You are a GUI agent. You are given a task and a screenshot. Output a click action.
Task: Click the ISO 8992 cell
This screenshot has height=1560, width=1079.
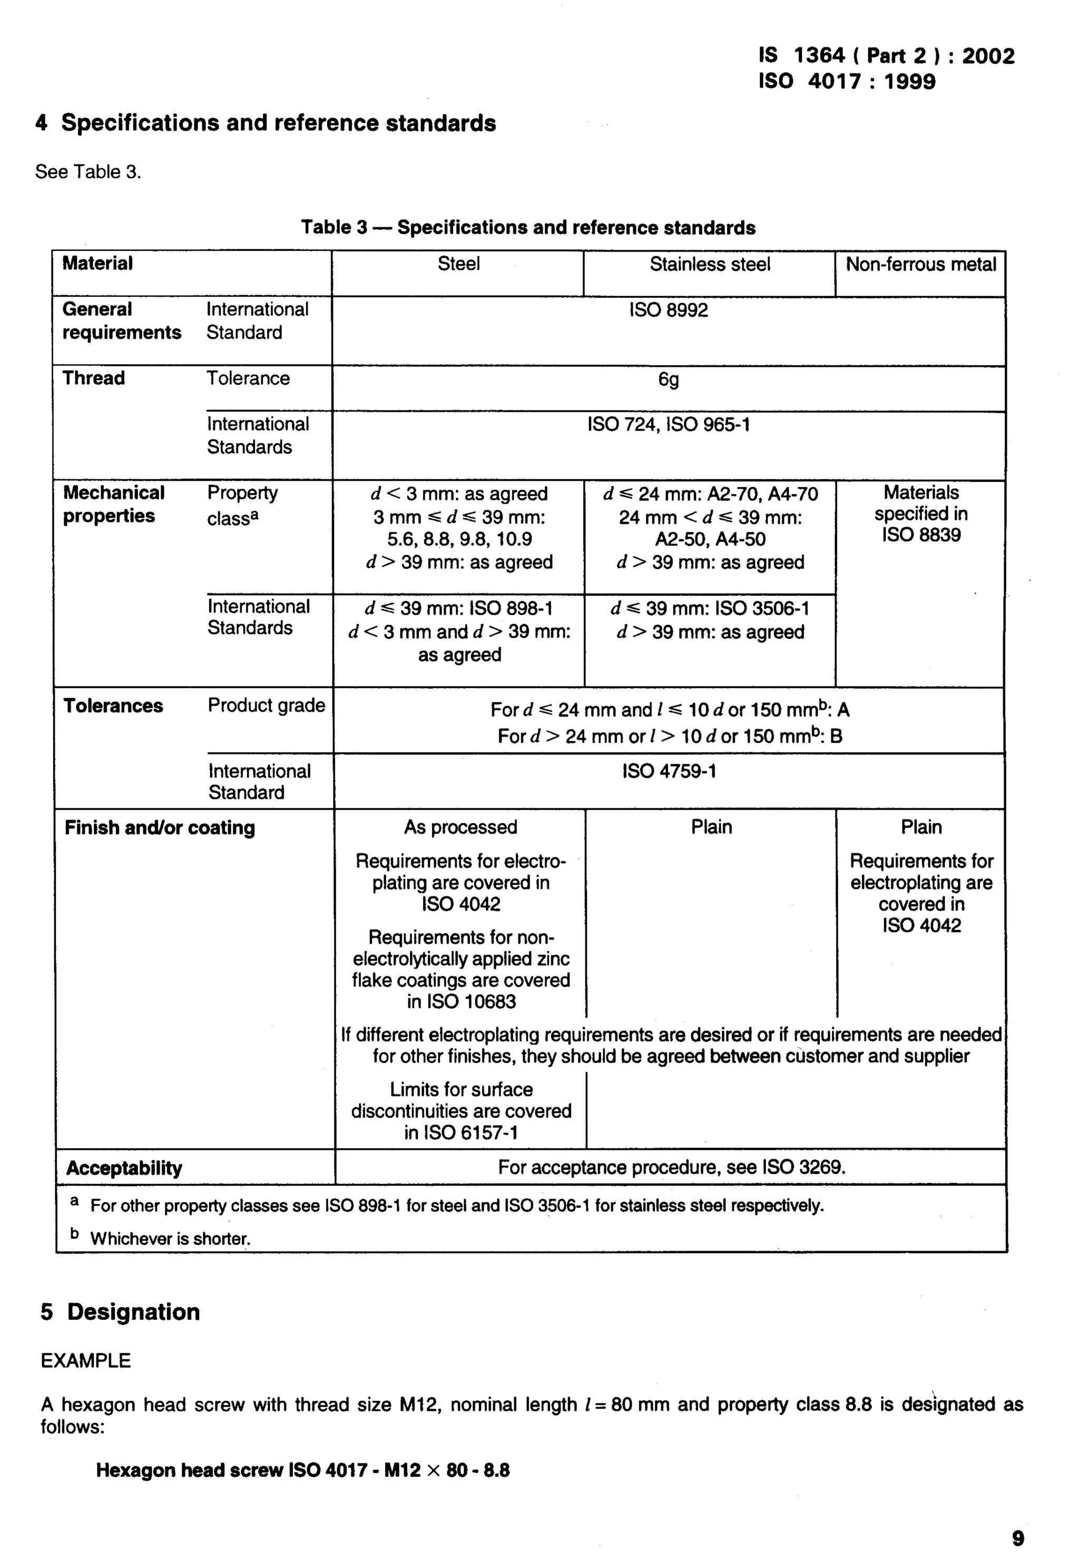pyautogui.click(x=668, y=310)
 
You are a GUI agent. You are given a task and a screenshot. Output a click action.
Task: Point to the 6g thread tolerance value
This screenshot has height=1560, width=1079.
pyautogui.click(x=668, y=379)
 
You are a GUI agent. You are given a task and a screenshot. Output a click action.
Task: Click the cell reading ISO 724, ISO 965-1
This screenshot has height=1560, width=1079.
pyautogui.click(x=668, y=424)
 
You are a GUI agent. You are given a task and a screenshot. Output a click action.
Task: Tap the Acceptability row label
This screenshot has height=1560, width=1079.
pyautogui.click(x=124, y=1168)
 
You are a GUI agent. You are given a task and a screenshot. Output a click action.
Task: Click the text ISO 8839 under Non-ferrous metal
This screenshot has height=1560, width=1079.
pyautogui.click(x=921, y=535)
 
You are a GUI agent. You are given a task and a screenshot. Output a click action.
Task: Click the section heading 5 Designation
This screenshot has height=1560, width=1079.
pyautogui.click(x=120, y=1311)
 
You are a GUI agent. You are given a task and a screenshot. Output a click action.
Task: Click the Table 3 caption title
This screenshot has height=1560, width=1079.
pyautogui.click(x=528, y=227)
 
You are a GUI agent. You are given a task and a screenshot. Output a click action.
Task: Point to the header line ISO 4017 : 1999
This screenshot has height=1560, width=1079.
pyautogui.click(x=847, y=82)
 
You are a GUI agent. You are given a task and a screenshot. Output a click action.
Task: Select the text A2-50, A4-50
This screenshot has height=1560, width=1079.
pyautogui.click(x=710, y=539)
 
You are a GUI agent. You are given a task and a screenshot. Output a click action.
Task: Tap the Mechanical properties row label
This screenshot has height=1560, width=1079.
pyautogui.click(x=114, y=504)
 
